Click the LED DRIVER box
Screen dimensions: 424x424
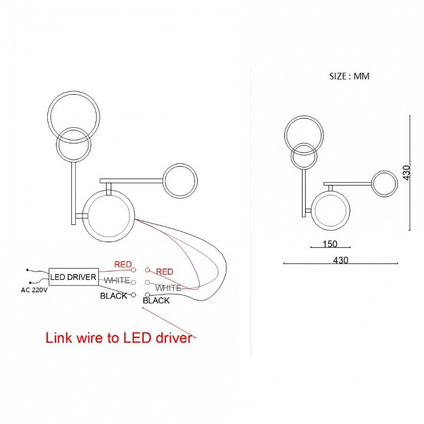(74, 277)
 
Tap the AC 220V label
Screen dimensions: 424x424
(34, 290)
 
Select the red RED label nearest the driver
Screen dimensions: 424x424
(122, 264)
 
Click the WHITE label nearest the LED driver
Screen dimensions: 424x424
(117, 280)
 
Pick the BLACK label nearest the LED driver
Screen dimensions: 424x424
(114, 296)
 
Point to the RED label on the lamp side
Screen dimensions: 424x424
(164, 271)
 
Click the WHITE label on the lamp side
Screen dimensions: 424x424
(168, 288)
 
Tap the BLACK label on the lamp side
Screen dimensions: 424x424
(156, 300)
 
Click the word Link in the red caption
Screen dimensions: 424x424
(59, 338)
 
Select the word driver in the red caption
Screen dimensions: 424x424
(174, 338)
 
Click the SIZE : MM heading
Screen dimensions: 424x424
(349, 76)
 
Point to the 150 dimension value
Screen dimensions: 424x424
(330, 244)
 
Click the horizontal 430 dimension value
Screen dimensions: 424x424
(340, 260)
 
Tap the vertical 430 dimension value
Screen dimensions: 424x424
(406, 173)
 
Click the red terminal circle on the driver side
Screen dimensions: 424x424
(133, 270)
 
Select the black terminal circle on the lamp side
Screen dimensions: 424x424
(147, 294)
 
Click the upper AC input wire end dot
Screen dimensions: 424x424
(27, 270)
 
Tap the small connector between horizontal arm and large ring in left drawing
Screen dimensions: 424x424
(109, 189)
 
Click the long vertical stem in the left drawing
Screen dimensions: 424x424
(73, 193)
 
